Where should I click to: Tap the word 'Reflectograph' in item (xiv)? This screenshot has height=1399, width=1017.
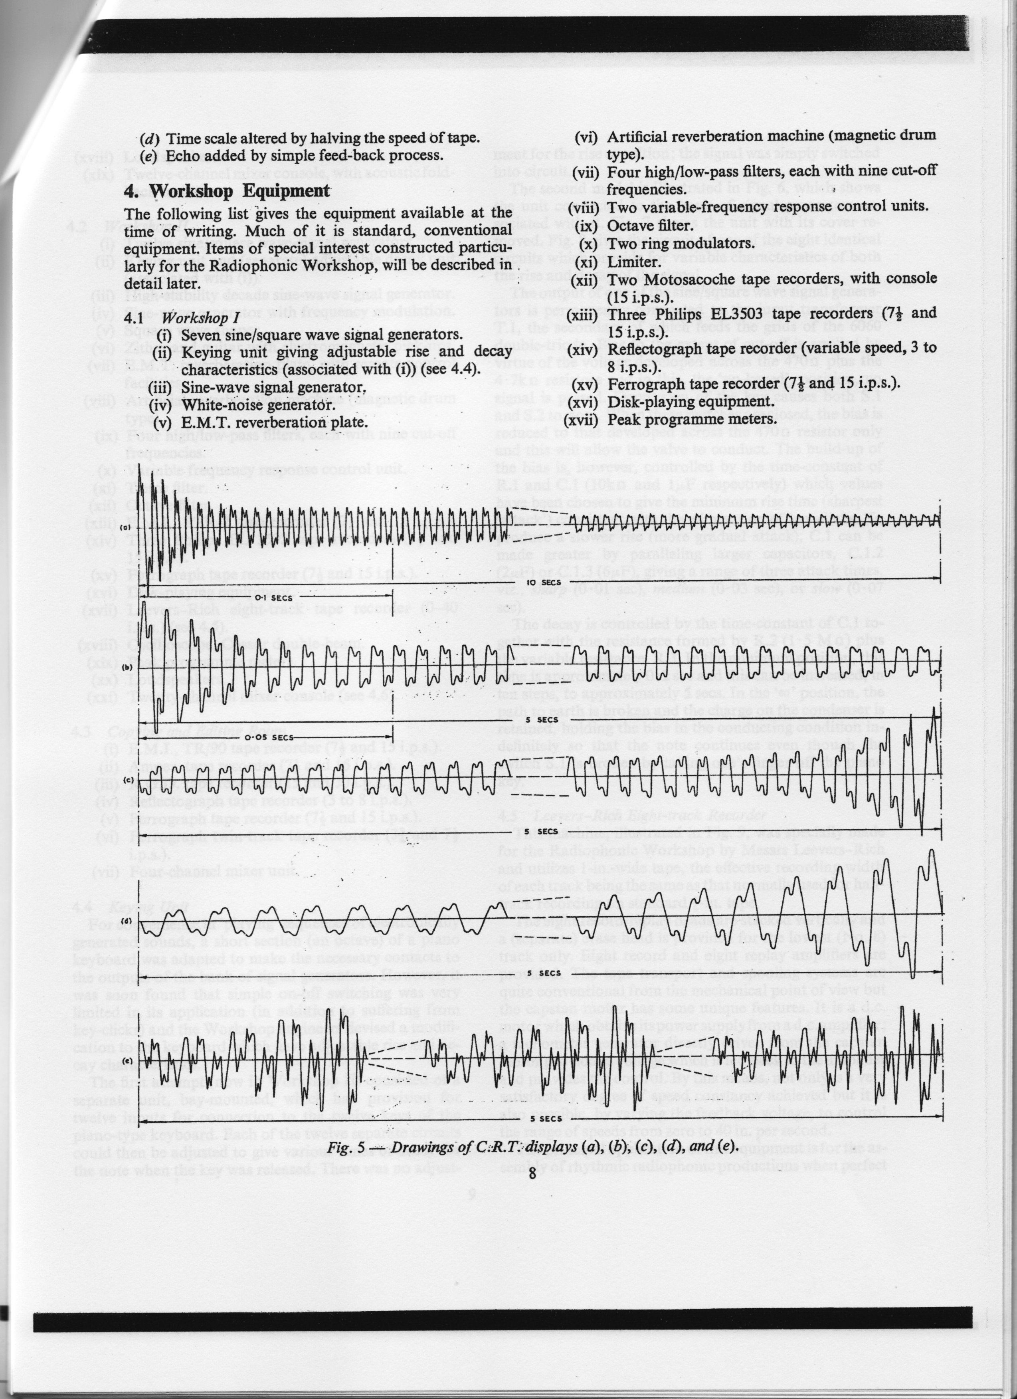point(660,349)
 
